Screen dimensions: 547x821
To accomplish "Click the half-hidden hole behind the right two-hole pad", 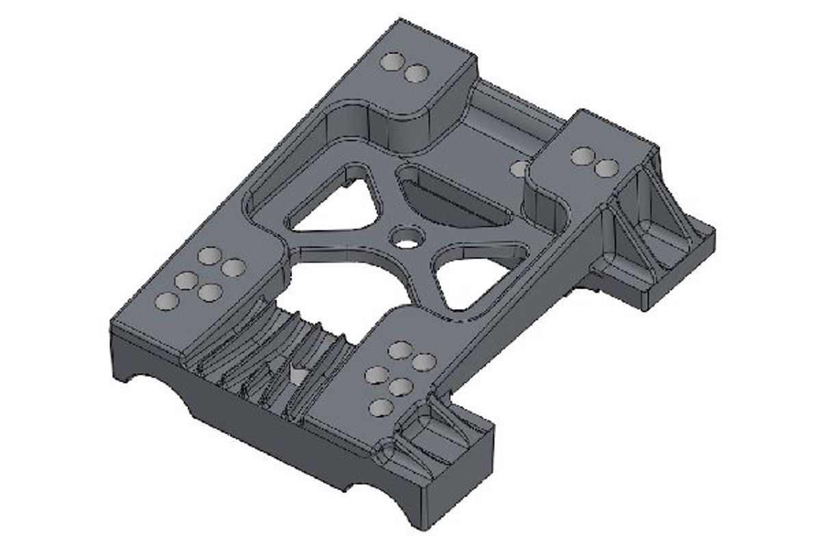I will [x=519, y=168].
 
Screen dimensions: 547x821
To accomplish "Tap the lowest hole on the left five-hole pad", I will [x=168, y=301].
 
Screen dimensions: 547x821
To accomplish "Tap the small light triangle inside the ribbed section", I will [x=298, y=375].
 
